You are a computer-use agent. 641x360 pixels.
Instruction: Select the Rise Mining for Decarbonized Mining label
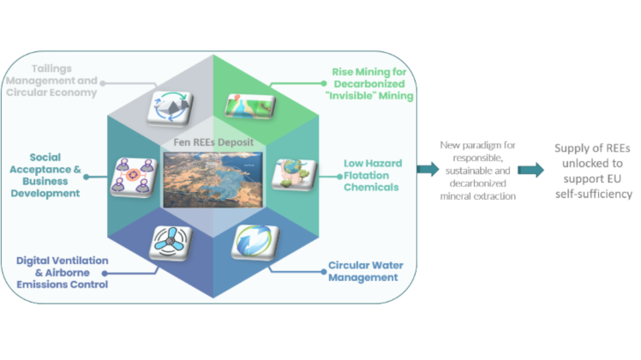pyautogui.click(x=374, y=84)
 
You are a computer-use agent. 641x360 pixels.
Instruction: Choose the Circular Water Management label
pyautogui.click(x=363, y=271)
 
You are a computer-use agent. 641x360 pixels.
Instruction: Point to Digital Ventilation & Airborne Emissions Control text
pyautogui.click(x=63, y=272)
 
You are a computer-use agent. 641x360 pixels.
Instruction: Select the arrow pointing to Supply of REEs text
pyautogui.click(x=530, y=170)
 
